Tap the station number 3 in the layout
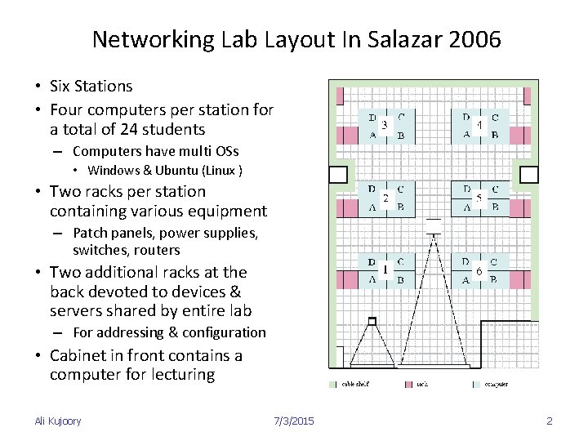pos(385,124)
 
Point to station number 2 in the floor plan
pos(385,198)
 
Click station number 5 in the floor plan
pos(479,198)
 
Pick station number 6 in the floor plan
pos(479,270)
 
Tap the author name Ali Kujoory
pos(58,421)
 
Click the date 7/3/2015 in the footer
pos(295,421)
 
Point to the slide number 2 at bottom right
pos(550,421)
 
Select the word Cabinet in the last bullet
pos(77,355)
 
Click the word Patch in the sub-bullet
pos(89,234)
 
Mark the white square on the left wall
pos(337,174)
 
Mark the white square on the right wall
pos(529,174)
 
